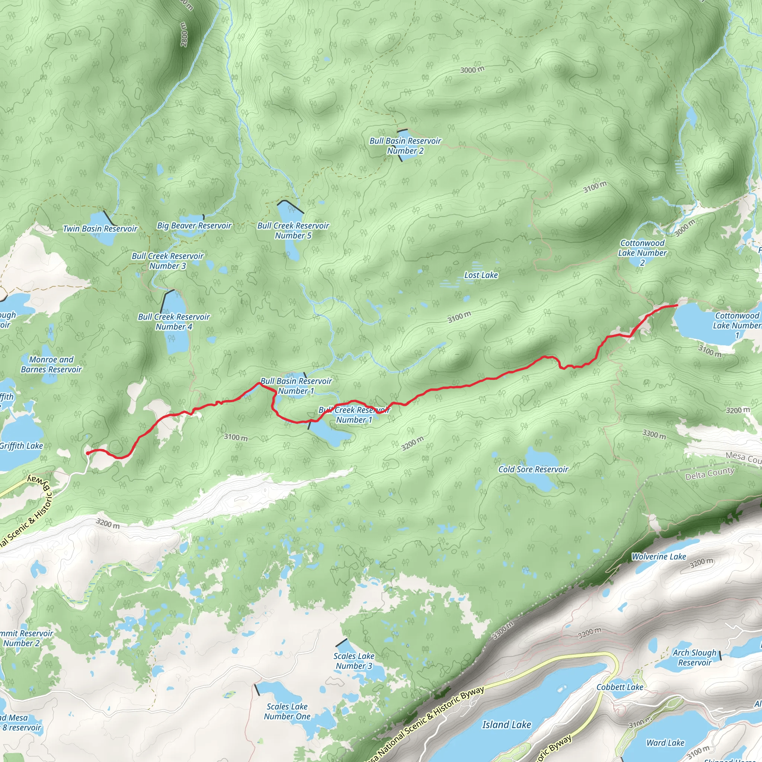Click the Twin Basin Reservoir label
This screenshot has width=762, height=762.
[x=100, y=229]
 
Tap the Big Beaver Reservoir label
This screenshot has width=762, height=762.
[x=194, y=225]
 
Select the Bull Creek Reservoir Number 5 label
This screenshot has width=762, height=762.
[x=293, y=231]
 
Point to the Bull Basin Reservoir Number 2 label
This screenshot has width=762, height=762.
[x=405, y=146]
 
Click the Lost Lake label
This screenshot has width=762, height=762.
[x=481, y=275]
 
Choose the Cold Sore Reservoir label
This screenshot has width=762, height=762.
[x=533, y=469]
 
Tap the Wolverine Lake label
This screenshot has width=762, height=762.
[x=659, y=557]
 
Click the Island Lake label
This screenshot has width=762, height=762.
[x=506, y=724]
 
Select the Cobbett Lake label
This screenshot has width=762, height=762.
[x=619, y=687]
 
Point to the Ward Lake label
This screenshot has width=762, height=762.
[x=665, y=743]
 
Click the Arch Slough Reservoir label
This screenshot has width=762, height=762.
[x=695, y=657]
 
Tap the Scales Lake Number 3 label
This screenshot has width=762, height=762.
[x=354, y=661]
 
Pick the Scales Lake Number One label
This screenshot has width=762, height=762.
[x=287, y=711]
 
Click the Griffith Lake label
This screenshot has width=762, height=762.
[x=21, y=446]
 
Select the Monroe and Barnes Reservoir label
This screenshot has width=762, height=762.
[x=51, y=364]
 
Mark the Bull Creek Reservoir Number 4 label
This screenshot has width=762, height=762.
[x=174, y=322]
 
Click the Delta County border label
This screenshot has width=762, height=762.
[x=710, y=473]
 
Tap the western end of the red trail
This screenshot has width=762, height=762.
[x=87, y=453]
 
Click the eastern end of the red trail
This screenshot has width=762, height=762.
[x=677, y=305]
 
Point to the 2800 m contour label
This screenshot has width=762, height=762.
[x=185, y=34]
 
